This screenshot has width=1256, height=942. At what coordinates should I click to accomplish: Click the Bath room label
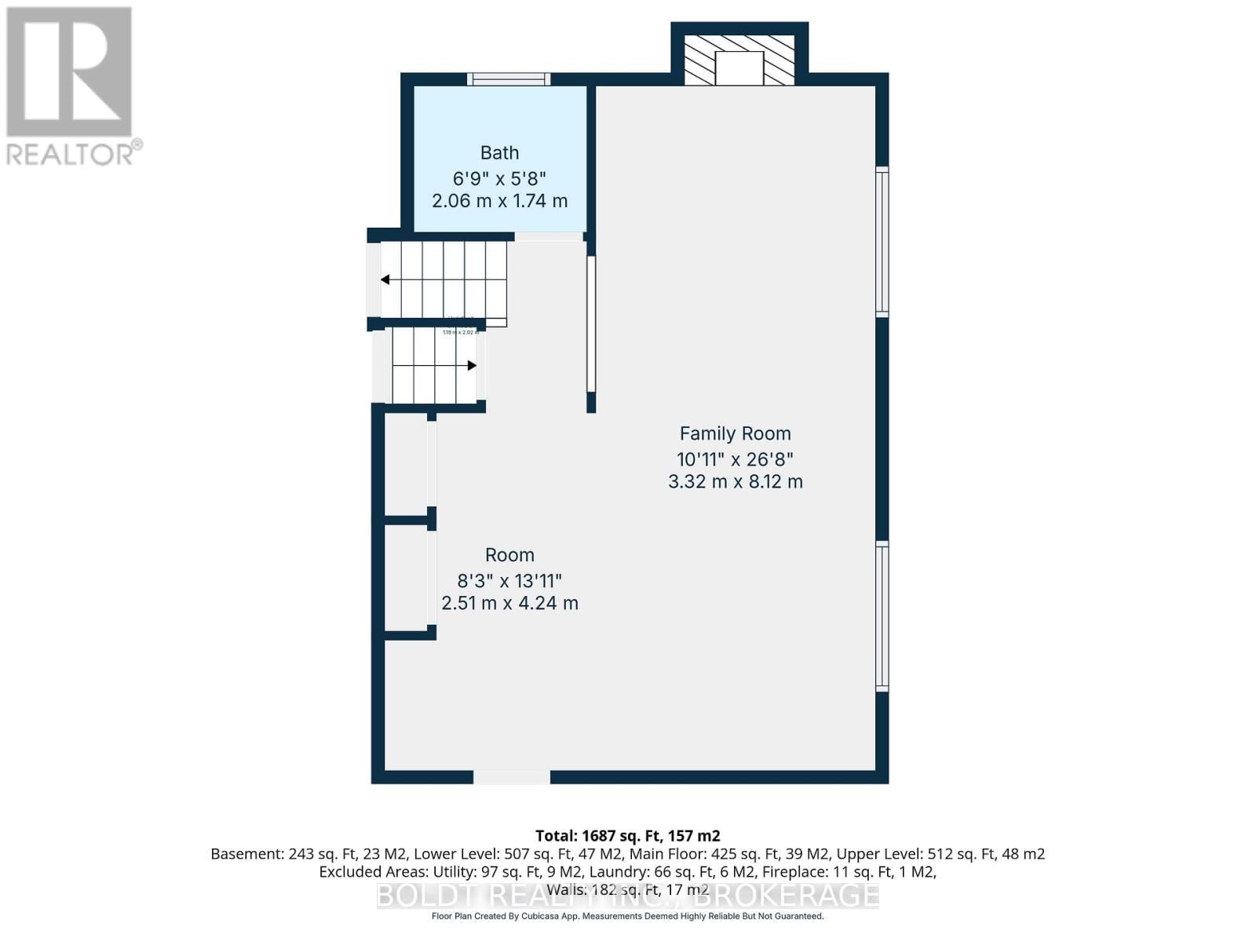pyautogui.click(x=499, y=153)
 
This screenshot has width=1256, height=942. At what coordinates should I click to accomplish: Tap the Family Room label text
pyautogui.click(x=735, y=433)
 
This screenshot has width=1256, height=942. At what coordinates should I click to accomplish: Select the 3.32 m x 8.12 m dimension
pyautogui.click(x=735, y=482)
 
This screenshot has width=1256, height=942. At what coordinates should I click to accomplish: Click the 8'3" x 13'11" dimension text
pyautogui.click(x=509, y=581)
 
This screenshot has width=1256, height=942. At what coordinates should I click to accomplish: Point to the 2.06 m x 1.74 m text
pyautogui.click(x=499, y=201)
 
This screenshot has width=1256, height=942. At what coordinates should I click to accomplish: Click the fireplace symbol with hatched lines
pyautogui.click(x=739, y=60)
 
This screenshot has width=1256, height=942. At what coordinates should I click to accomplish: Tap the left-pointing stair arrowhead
pyautogui.click(x=385, y=279)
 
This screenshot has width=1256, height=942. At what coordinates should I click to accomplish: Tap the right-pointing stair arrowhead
pyautogui.click(x=472, y=366)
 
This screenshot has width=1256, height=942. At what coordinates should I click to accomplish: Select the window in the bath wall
pyautogui.click(x=509, y=78)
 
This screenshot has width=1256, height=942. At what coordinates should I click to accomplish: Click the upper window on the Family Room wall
pyautogui.click(x=882, y=242)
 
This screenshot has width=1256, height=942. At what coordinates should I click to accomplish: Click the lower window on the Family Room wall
pyautogui.click(x=882, y=616)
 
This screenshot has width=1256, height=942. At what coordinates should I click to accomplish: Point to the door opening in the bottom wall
pyautogui.click(x=511, y=777)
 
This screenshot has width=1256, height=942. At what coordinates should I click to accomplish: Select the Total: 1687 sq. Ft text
pyautogui.click(x=627, y=836)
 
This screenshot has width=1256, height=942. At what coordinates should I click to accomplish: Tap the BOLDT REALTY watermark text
pyautogui.click(x=627, y=895)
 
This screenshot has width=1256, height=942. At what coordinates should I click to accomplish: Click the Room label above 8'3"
pyautogui.click(x=509, y=555)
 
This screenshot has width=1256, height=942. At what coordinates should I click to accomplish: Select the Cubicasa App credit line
pyautogui.click(x=627, y=916)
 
